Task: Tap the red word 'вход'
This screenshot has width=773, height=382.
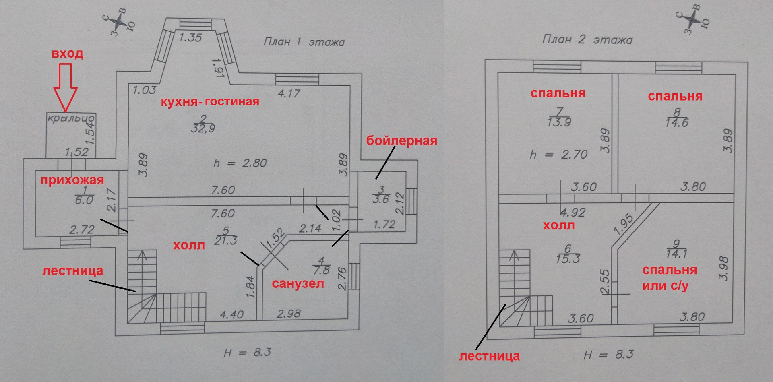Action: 67,54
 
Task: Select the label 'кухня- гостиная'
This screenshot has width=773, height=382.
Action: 210,101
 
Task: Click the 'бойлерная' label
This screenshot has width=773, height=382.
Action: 401,141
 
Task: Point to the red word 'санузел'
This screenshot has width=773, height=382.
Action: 298,284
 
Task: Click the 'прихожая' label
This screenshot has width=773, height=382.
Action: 72,180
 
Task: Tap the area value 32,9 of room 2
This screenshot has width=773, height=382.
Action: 203,129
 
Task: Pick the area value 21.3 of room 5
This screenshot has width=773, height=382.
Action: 226,241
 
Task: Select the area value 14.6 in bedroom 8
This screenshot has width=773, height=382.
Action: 677,123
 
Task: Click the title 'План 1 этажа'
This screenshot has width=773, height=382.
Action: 304,42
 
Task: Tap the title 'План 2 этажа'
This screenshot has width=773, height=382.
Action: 587,39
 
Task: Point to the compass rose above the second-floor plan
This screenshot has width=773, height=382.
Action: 693,18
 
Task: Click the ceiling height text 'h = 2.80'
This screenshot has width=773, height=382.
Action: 240,163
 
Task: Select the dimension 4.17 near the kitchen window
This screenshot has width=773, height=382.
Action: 289,94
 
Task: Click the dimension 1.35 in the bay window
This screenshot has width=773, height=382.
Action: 190,38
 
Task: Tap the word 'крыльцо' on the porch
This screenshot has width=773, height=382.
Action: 71,118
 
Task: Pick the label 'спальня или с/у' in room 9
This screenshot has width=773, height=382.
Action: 669,278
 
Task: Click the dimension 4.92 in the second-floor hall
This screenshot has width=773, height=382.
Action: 573,212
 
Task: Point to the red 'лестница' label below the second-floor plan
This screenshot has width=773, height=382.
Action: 489,356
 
